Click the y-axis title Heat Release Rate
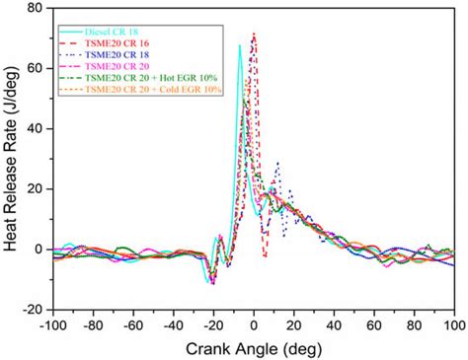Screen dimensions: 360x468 [14, 158]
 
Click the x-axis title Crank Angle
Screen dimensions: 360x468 [254, 347]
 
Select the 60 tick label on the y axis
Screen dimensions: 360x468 [36, 68]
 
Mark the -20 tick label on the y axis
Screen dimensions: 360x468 [33, 309]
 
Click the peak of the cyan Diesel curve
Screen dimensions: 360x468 [240, 45]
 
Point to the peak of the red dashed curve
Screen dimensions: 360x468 [254, 34]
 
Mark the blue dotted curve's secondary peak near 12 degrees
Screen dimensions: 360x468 [277, 163]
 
